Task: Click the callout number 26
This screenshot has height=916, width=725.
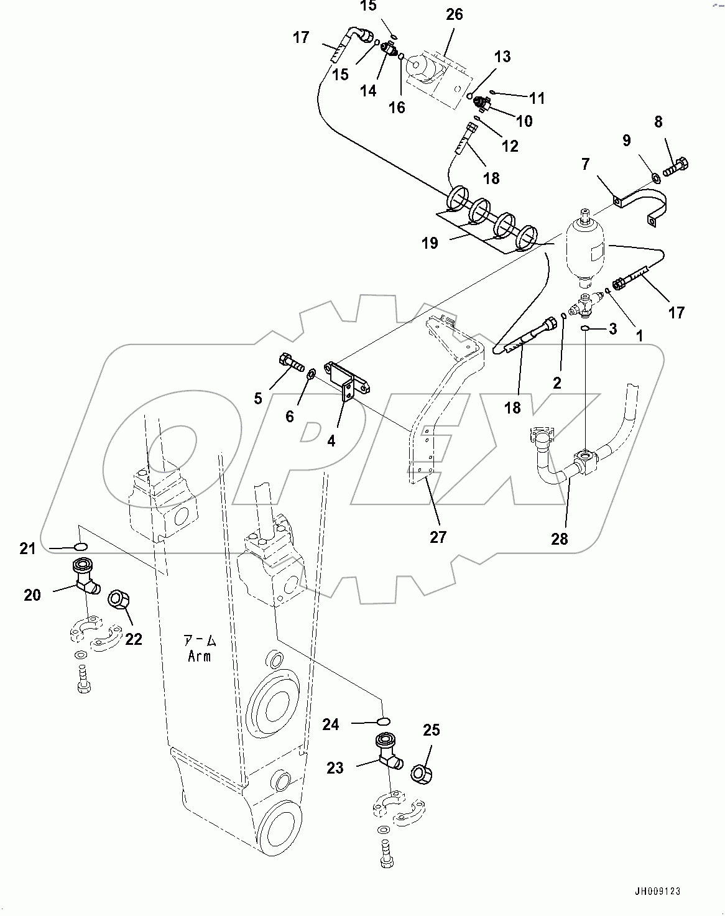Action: point(455,14)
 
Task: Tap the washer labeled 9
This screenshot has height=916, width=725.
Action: point(655,179)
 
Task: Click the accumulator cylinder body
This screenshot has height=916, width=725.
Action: point(586,248)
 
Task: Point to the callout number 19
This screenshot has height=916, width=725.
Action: point(430,243)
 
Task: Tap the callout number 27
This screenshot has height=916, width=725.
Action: point(438,537)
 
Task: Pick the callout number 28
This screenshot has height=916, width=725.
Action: point(560,539)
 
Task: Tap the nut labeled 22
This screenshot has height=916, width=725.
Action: point(118,600)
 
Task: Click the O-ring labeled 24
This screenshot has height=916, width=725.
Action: point(384,721)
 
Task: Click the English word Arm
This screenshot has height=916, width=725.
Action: point(200,655)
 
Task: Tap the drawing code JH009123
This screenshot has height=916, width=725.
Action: point(657,891)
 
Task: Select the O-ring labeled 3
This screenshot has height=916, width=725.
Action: point(586,328)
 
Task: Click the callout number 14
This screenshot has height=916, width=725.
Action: point(368,91)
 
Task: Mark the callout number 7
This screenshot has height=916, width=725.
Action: point(585,165)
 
